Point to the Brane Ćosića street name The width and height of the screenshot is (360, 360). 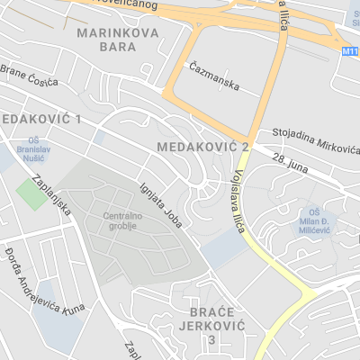[x=29, y=76]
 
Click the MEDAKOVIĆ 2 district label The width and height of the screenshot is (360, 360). [x=202, y=146]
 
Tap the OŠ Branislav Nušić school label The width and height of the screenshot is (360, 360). [x=33, y=146]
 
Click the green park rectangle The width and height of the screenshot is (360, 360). [x=32, y=193]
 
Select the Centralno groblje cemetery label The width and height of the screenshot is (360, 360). [x=123, y=221]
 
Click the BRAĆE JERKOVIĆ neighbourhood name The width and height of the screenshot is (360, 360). [x=211, y=319]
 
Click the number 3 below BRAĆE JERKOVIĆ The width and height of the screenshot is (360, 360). [x=211, y=340]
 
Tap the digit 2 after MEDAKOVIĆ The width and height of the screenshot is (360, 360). [x=244, y=146]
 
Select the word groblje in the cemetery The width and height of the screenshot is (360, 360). [x=123, y=227]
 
